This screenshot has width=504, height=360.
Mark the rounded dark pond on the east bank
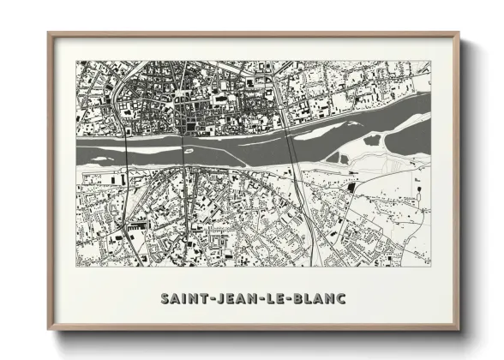tap(374, 140)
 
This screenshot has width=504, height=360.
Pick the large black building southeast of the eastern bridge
tap(351, 187)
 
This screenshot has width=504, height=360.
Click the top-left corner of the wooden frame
tap(50, 33)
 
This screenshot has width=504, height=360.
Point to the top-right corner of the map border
tap(431, 61)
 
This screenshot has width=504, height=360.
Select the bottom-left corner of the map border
tap(76, 266)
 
